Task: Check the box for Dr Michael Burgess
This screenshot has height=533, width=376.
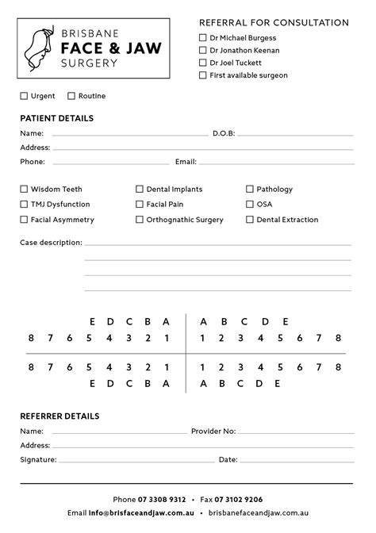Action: point(203,37)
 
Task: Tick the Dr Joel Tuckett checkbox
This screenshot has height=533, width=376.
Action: point(203,63)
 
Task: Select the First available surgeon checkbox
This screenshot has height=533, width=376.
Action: point(203,75)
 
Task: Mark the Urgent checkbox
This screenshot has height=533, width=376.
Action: point(24,96)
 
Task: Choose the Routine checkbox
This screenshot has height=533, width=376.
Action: point(71,96)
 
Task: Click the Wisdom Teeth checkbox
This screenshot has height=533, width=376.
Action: point(24,190)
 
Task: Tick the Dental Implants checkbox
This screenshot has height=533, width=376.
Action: point(140,190)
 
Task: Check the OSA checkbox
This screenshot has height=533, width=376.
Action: point(250,204)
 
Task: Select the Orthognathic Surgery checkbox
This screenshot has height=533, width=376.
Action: point(140,220)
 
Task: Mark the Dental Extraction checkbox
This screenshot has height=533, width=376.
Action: point(250,220)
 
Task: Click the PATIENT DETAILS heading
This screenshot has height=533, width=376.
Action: point(56,118)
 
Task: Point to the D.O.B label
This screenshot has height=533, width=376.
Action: point(224,133)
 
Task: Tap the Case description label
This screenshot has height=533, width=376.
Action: point(51,243)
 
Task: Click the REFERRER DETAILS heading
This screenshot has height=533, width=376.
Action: point(59,416)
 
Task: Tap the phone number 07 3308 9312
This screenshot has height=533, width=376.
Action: point(162,500)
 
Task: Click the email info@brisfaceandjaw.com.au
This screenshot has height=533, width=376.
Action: point(136,513)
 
